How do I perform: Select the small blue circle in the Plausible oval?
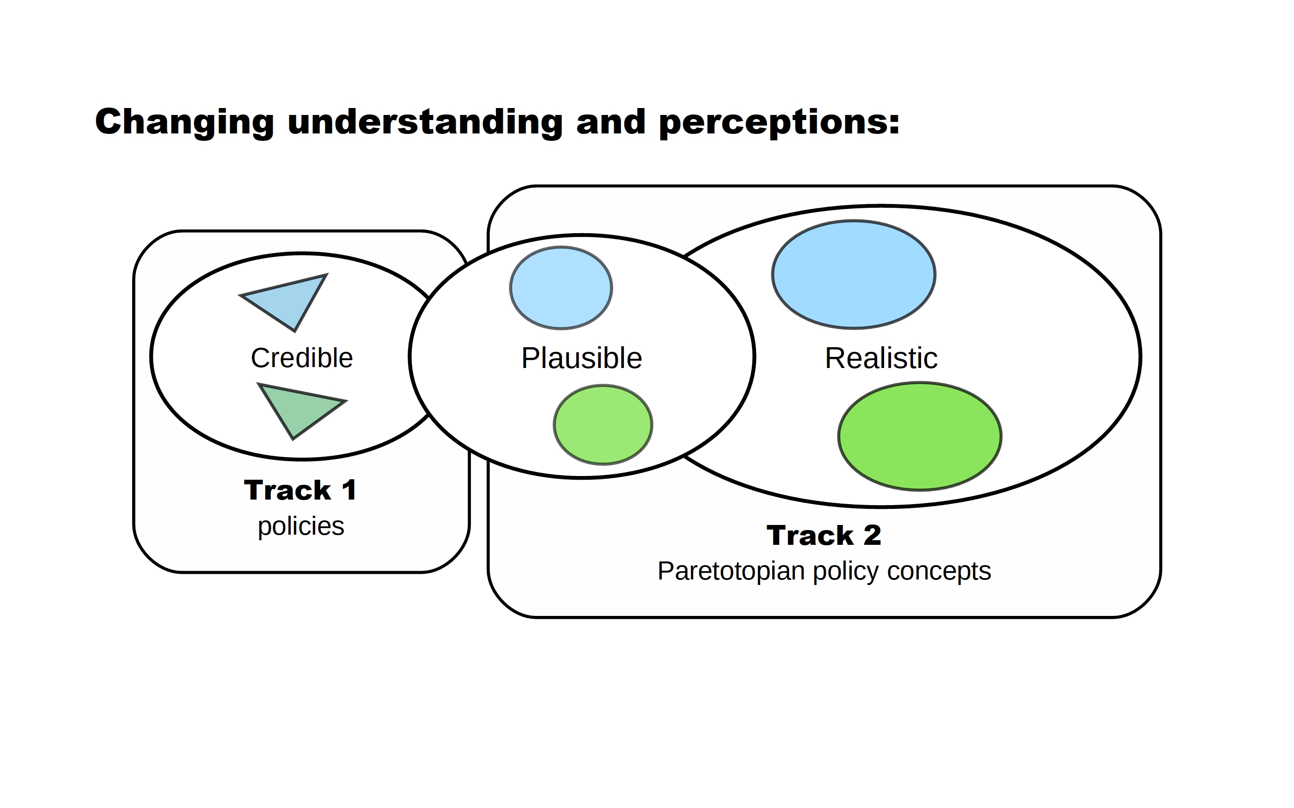click(561, 288)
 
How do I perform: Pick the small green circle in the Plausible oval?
click(603, 425)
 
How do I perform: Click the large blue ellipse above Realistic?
click(854, 275)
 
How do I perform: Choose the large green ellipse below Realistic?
click(919, 436)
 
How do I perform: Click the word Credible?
click(302, 358)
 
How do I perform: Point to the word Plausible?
click(581, 358)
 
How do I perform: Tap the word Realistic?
click(881, 358)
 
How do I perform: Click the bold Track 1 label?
click(300, 490)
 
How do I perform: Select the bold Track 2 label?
click(824, 535)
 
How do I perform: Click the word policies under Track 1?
click(300, 526)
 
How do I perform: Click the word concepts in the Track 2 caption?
click(939, 571)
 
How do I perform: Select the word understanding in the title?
click(425, 122)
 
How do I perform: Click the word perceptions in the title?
click(779, 122)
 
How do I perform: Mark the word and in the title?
click(610, 122)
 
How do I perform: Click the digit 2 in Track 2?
click(872, 535)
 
